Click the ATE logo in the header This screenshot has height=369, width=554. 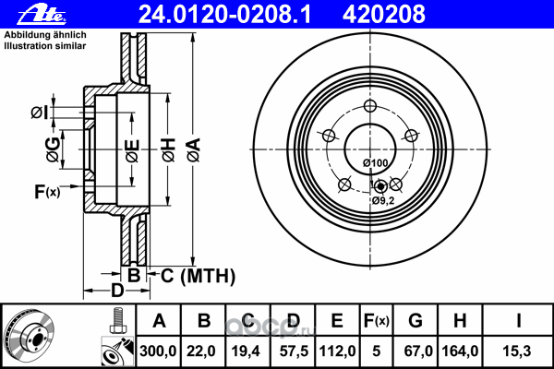[x=42, y=15]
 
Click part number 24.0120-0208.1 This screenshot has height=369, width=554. [x=224, y=15]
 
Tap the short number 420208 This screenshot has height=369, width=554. [x=384, y=15]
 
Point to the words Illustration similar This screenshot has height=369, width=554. [x=45, y=46]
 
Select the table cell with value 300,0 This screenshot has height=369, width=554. [x=158, y=351]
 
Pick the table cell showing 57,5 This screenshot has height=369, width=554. [x=293, y=351]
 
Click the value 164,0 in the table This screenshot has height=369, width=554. [x=460, y=351]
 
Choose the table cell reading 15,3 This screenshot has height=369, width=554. [x=516, y=351]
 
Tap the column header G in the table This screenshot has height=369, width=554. [x=415, y=321]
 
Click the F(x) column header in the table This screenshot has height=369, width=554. [x=377, y=321]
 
